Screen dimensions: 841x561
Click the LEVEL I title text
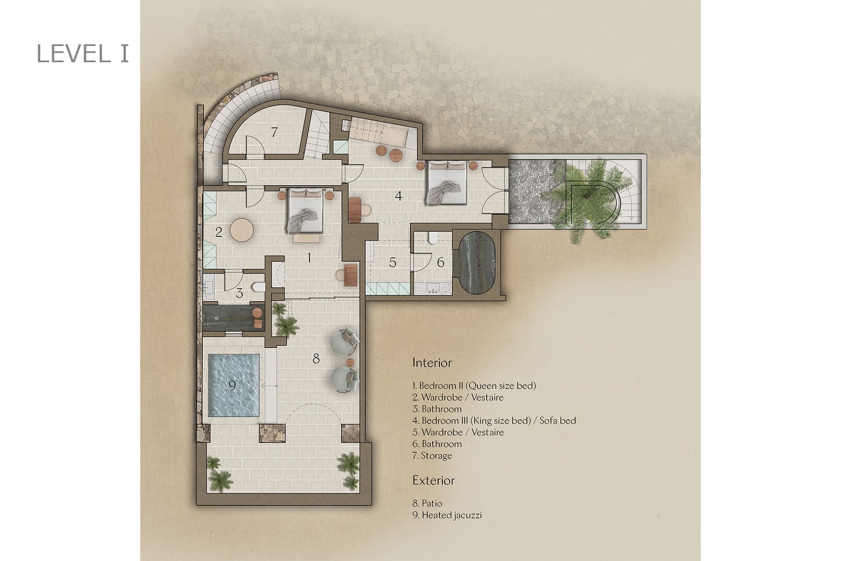(x=83, y=53)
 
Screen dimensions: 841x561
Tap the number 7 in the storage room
(x=274, y=131)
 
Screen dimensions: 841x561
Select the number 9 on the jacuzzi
(x=232, y=385)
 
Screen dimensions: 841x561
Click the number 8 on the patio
(x=316, y=359)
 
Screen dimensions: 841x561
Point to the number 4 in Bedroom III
(x=398, y=195)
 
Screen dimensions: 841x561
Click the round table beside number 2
(x=242, y=230)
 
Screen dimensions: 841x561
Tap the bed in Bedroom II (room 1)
(x=305, y=211)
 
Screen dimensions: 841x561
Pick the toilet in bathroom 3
(x=259, y=288)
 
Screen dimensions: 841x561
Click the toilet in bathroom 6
(x=433, y=238)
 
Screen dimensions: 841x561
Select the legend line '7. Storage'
(x=432, y=456)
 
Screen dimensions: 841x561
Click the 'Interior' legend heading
(x=432, y=362)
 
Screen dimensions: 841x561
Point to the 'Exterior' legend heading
(x=434, y=480)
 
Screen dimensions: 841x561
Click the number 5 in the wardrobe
(x=392, y=263)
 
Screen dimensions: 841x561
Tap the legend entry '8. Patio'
(x=427, y=503)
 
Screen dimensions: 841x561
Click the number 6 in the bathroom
(x=441, y=262)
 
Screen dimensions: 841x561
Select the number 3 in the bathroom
(x=239, y=293)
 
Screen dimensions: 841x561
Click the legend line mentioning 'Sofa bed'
(x=494, y=421)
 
